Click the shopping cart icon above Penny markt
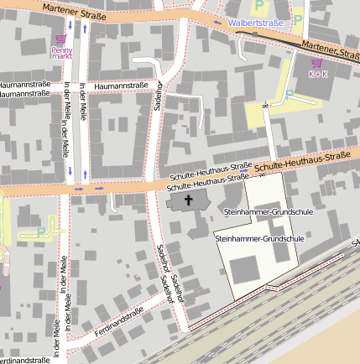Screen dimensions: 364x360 pyautogui.click(x=60, y=39)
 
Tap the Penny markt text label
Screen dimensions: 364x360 pyautogui.click(x=61, y=54)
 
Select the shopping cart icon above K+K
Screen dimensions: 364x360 pyautogui.click(x=316, y=62)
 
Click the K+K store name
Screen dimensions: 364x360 pyautogui.click(x=318, y=74)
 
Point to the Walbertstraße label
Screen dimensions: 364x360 pyautogui.click(x=256, y=23)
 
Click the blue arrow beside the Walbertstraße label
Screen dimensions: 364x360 pyautogui.click(x=218, y=23)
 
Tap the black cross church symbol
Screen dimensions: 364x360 pyautogui.click(x=189, y=200)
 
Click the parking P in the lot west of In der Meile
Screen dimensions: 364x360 pyautogui.click(x=41, y=231)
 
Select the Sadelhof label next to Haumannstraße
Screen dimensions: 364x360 pyautogui.click(x=158, y=94)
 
